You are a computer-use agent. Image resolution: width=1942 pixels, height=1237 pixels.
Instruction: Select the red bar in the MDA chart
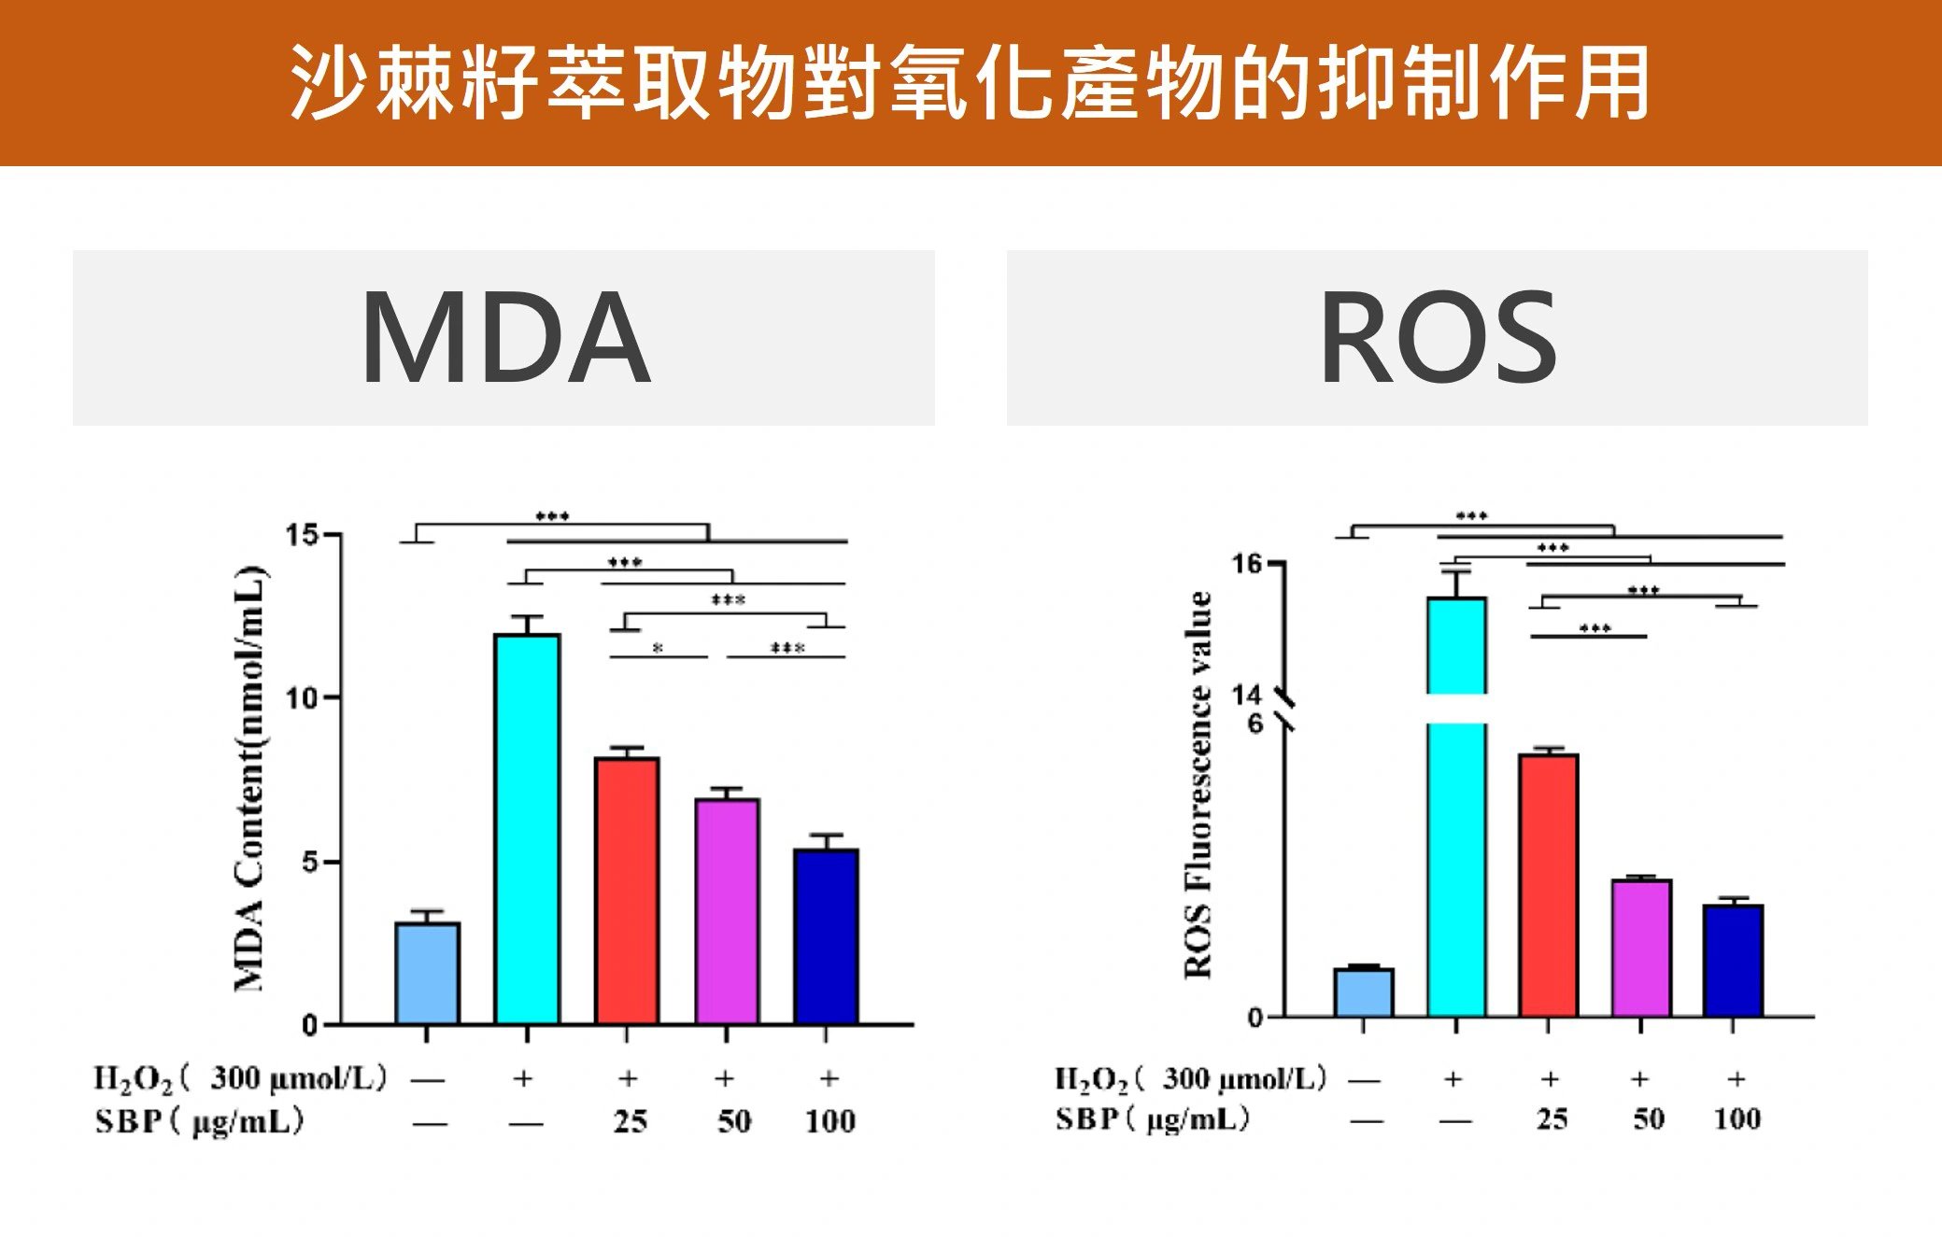point(627,891)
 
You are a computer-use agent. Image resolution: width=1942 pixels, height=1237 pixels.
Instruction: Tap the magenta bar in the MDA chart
point(727,911)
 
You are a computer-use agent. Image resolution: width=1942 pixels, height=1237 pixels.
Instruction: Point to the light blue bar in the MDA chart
point(427,973)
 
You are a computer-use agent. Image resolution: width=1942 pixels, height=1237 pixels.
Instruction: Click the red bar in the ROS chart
point(1548,885)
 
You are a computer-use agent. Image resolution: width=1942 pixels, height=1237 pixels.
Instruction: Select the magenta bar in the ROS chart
point(1641,948)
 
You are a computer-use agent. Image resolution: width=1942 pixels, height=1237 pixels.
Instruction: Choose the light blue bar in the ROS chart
point(1363,992)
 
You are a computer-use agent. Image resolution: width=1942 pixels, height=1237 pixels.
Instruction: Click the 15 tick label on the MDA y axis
point(302,536)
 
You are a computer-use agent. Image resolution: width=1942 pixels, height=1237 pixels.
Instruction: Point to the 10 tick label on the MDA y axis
point(302,698)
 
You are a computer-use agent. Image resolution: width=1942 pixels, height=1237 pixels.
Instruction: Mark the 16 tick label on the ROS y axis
point(1246,564)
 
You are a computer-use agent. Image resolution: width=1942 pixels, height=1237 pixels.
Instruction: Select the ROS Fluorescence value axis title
point(1198,784)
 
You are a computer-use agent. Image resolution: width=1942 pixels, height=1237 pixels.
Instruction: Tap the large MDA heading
point(504,338)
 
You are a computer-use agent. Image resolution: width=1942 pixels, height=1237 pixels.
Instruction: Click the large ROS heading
point(1438,338)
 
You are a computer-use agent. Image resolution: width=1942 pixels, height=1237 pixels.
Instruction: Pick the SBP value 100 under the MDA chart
point(829,1120)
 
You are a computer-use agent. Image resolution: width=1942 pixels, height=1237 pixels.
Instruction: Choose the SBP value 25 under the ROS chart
point(1552,1118)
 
